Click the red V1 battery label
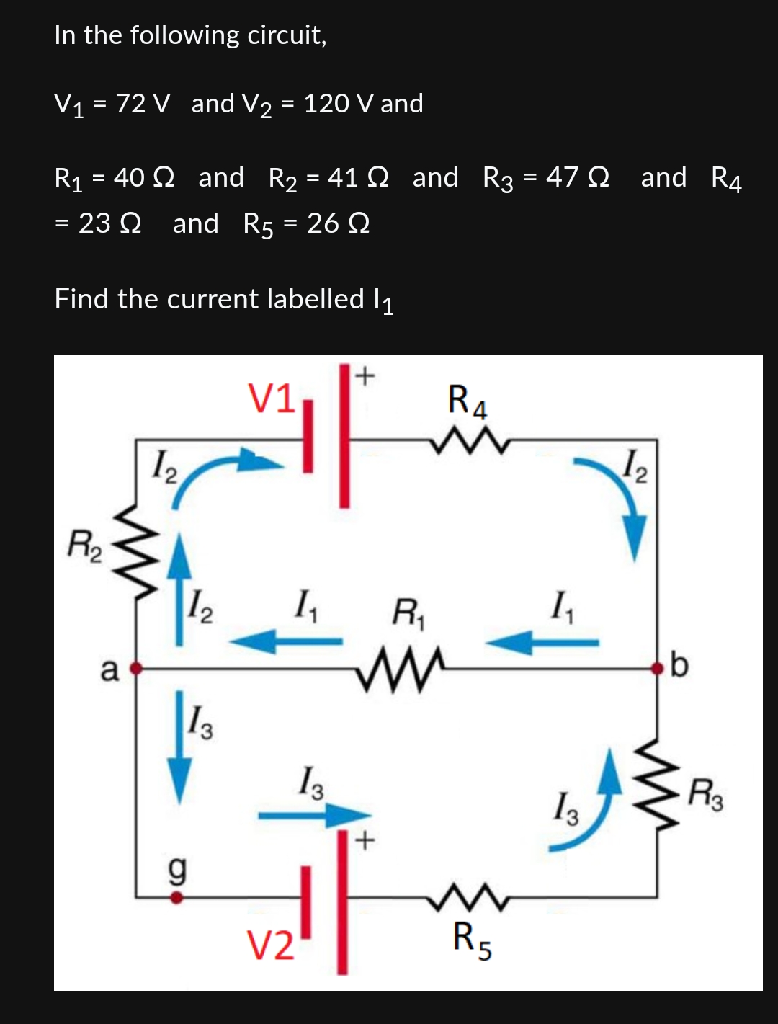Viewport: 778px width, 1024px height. click(271, 399)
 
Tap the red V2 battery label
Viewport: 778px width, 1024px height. click(270, 945)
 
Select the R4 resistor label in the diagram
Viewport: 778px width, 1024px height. click(467, 401)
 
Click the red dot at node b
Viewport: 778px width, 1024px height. click(657, 669)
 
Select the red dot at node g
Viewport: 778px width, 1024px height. click(176, 898)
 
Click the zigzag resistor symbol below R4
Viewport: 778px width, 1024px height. click(472, 440)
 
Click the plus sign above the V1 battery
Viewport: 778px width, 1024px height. click(365, 375)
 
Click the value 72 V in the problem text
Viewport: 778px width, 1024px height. click(143, 104)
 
